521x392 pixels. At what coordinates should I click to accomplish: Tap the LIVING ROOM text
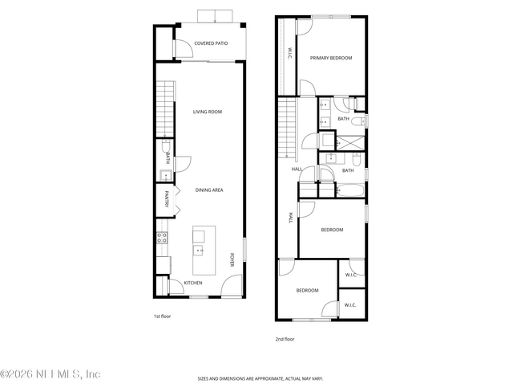(x=207, y=112)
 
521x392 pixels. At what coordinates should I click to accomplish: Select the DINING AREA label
(x=208, y=190)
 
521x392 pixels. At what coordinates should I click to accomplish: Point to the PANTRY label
(x=168, y=198)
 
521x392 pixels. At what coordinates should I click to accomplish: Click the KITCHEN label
(x=193, y=283)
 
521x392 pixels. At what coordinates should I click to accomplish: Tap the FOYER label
(x=232, y=259)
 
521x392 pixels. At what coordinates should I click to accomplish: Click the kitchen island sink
(x=199, y=250)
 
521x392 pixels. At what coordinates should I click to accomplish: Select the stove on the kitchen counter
(x=161, y=238)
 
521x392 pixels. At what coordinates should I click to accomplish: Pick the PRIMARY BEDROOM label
(x=331, y=57)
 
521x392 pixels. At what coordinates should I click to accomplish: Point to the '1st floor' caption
(x=163, y=316)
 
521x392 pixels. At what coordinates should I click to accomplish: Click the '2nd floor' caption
(x=285, y=339)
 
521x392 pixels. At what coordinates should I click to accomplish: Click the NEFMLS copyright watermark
(x=50, y=374)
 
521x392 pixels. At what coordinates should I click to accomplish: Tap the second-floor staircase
(x=287, y=129)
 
